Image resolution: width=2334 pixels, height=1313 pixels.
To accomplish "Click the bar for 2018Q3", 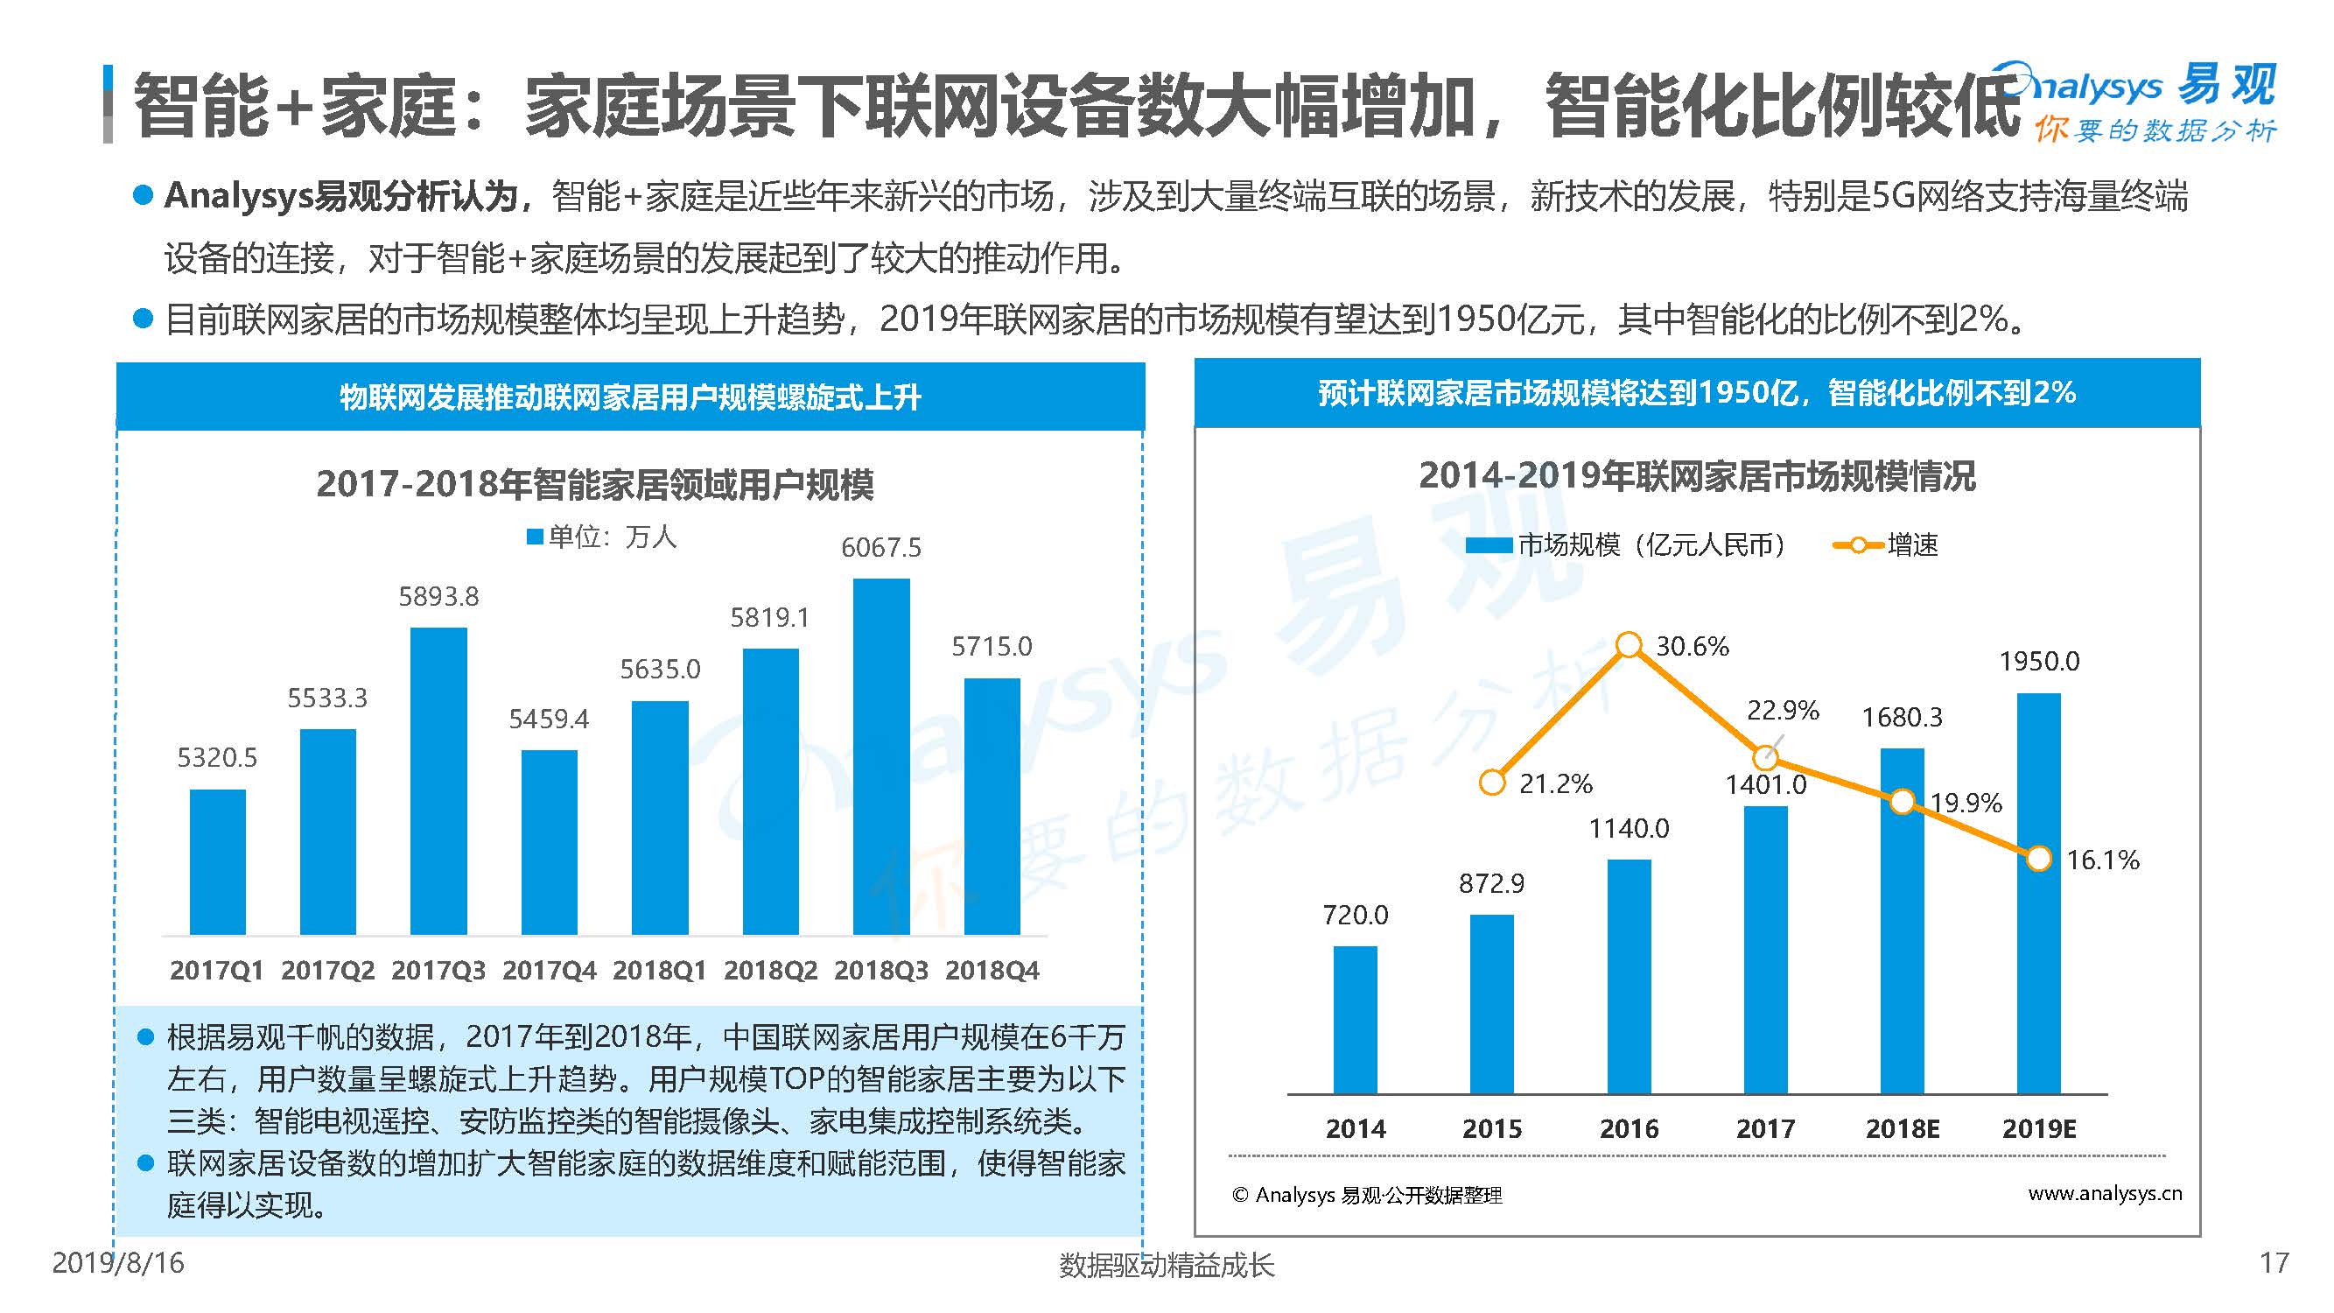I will [x=880, y=756].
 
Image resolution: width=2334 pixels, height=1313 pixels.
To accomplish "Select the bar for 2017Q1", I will [x=217, y=860].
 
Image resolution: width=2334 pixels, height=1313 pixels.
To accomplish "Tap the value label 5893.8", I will [x=438, y=596].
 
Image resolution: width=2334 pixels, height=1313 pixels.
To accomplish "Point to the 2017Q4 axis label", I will [x=549, y=971].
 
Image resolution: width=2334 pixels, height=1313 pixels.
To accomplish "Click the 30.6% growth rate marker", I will [x=1628, y=645].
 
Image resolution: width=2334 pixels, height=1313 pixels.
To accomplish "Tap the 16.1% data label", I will [x=2102, y=860].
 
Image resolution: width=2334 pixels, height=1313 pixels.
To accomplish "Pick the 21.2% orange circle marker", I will [x=1491, y=783].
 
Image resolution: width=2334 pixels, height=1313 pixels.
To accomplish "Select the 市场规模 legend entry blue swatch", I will [x=1488, y=545].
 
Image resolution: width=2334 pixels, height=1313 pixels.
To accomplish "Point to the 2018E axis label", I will [x=1902, y=1129].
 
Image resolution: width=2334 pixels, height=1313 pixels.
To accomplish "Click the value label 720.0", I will [x=1355, y=916].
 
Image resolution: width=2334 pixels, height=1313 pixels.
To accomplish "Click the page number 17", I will [x=2274, y=1263].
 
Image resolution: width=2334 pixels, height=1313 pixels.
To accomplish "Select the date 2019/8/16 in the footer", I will [x=118, y=1263].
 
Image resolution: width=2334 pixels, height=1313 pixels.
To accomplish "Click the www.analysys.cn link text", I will [x=2104, y=1193].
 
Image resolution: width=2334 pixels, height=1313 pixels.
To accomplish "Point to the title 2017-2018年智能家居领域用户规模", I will [x=594, y=485].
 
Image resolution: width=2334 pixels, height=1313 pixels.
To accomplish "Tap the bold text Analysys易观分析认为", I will [x=340, y=197].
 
